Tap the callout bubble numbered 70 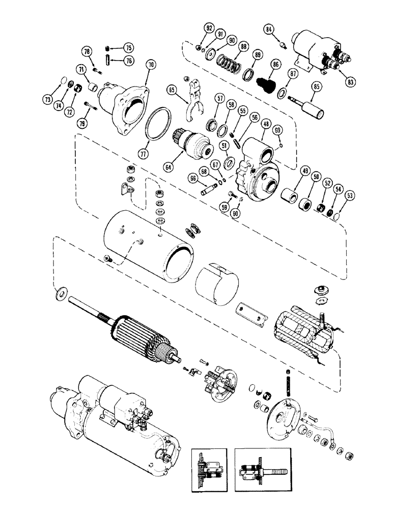pos(150,66)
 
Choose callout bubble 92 pos(209,27)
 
